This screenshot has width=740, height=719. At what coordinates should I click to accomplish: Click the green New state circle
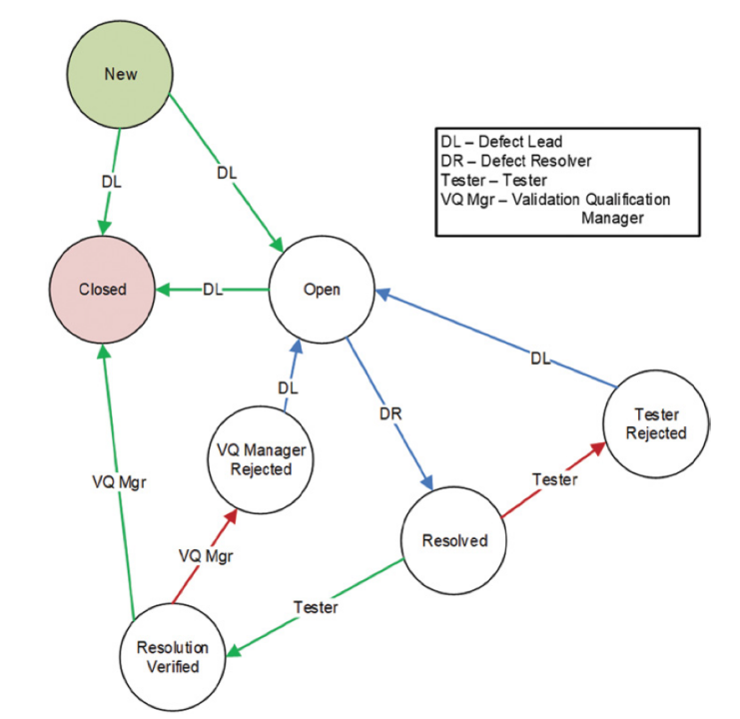120,74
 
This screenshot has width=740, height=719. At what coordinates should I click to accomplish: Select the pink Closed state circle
103,290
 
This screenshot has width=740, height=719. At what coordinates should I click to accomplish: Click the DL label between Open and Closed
213,290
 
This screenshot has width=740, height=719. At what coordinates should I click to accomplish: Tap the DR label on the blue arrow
390,413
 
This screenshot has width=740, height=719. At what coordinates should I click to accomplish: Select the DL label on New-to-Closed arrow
112,182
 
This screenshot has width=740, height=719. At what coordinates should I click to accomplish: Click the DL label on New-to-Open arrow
227,173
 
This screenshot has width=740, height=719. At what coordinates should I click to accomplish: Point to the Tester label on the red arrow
555,479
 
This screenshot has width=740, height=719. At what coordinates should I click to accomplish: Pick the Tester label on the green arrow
316,607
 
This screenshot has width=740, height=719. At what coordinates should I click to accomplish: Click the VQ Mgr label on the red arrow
206,556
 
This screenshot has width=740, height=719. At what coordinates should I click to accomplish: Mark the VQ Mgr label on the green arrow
120,482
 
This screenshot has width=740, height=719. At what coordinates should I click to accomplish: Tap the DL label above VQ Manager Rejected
288,388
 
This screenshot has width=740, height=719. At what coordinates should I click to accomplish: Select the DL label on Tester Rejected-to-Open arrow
540,359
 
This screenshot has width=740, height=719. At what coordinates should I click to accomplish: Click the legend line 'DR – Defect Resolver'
516,161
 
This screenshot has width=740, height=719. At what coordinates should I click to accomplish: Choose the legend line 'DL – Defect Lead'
501,142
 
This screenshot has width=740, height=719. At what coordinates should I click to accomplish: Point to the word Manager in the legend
612,219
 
